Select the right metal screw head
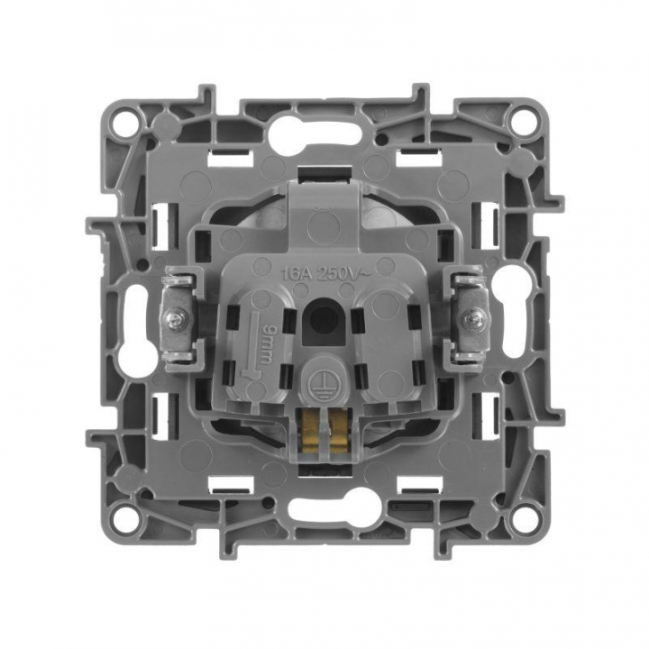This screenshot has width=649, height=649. pyautogui.click(x=471, y=318)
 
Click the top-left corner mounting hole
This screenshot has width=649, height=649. pyautogui.click(x=124, y=117)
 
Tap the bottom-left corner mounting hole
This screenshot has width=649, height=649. pyautogui.click(x=124, y=515)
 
